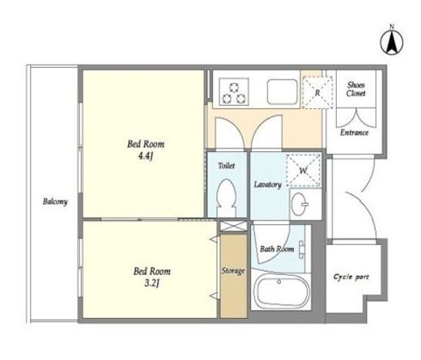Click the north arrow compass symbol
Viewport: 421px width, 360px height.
tap(392, 41)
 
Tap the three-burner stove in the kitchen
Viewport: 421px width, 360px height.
tap(234, 91)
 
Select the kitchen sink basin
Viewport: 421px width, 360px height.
tap(282, 91)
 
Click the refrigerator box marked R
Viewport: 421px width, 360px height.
tap(317, 92)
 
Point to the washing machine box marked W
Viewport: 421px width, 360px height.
tap(304, 170)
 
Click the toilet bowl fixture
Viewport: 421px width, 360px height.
tap(227, 197)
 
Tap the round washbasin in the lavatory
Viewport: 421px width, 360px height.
tap(299, 204)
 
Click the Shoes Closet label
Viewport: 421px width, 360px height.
tap(356, 89)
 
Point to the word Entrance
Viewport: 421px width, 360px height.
tap(354, 133)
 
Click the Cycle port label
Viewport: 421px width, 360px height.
tap(351, 277)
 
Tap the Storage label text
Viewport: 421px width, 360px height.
tap(233, 270)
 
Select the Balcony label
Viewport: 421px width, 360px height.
tap(55, 201)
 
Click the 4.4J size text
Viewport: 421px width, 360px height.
tap(146, 156)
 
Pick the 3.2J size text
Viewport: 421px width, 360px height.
tap(151, 283)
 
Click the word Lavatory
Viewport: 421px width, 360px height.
tap(267, 184)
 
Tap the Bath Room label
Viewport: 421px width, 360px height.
tap(277, 248)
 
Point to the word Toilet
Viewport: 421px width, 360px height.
tap(227, 166)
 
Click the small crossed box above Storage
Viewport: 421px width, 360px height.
tap(234, 226)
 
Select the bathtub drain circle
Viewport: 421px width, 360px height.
tap(279, 282)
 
